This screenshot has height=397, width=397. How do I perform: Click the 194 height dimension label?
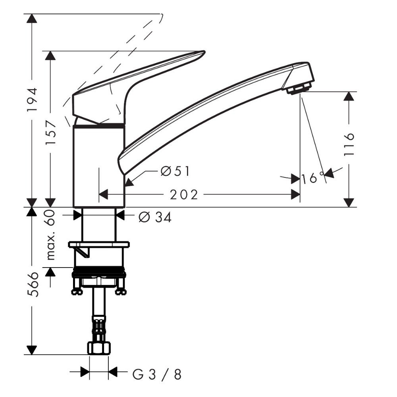[33, 100]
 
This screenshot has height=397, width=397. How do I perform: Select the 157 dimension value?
[50, 133]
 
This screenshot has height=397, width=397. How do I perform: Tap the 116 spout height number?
[349, 144]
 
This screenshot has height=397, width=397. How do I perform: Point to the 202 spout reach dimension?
[184, 195]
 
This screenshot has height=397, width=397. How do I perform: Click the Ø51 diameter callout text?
[175, 171]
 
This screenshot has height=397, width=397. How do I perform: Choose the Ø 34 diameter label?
[155, 217]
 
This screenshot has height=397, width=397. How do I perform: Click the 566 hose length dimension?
[33, 285]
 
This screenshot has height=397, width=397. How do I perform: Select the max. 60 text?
[51, 235]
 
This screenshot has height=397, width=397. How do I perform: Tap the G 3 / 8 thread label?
[157, 375]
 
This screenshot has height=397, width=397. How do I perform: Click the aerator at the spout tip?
[298, 89]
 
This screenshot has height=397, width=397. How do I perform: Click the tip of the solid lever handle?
[204, 52]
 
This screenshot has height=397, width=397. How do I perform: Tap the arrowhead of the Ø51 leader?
[129, 183]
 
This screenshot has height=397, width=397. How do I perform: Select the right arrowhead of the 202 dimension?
[296, 195]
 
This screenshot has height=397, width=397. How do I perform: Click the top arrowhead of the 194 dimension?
[32, 18]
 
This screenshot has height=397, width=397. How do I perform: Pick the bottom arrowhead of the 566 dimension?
[32, 350]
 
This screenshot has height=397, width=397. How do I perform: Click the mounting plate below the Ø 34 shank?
[99, 244]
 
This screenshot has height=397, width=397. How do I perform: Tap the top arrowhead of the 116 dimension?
[350, 96]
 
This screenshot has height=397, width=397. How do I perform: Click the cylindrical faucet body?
[99, 166]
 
